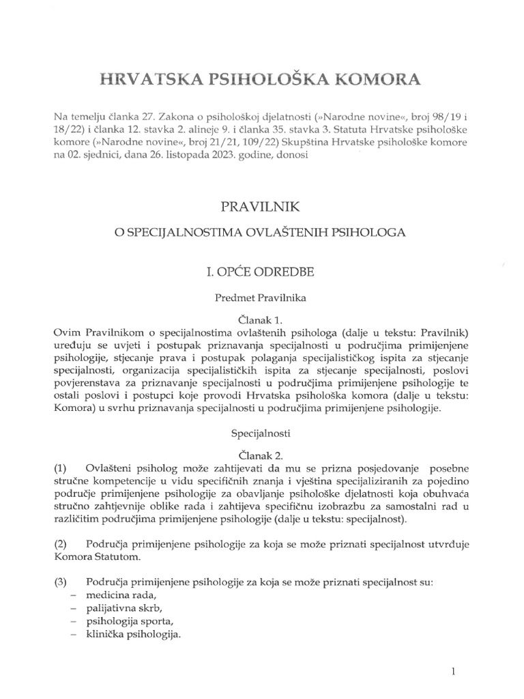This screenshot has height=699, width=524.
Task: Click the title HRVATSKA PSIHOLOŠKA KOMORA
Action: (261, 79)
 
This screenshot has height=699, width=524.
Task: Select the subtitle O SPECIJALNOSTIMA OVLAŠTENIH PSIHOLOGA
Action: (261, 233)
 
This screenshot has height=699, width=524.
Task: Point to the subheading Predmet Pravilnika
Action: (261, 298)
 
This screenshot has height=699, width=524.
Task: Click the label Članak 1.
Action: (261, 318)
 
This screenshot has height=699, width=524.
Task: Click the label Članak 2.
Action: (261, 454)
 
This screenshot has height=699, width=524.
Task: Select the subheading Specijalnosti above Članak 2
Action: (261, 433)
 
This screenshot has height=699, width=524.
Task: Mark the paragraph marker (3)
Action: (61, 582)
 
